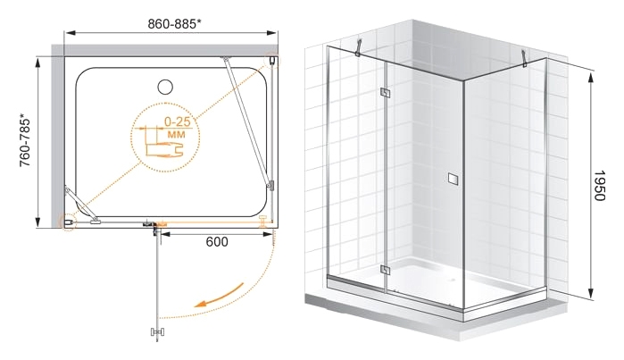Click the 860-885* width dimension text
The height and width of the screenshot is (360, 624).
click(174, 24)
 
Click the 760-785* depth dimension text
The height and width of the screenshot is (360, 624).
click(25, 140)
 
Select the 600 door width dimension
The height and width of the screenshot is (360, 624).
click(217, 242)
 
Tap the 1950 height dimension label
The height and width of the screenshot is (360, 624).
click(599, 185)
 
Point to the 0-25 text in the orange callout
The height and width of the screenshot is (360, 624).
click(178, 121)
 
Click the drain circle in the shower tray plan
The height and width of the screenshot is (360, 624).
click(165, 87)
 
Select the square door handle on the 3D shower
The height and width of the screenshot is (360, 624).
click(453, 179)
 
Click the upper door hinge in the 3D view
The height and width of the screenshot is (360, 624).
click(385, 93)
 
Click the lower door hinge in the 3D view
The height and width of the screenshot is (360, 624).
click(385, 270)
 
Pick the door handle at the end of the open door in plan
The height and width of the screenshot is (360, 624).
click(158, 332)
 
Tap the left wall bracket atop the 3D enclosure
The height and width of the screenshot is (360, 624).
click(359, 47)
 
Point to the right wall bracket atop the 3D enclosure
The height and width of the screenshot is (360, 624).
click(525, 58)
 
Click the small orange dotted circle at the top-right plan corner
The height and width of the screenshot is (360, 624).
click(272, 60)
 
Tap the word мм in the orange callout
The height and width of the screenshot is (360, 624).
click(176, 134)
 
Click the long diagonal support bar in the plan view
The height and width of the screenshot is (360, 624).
click(247, 122)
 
